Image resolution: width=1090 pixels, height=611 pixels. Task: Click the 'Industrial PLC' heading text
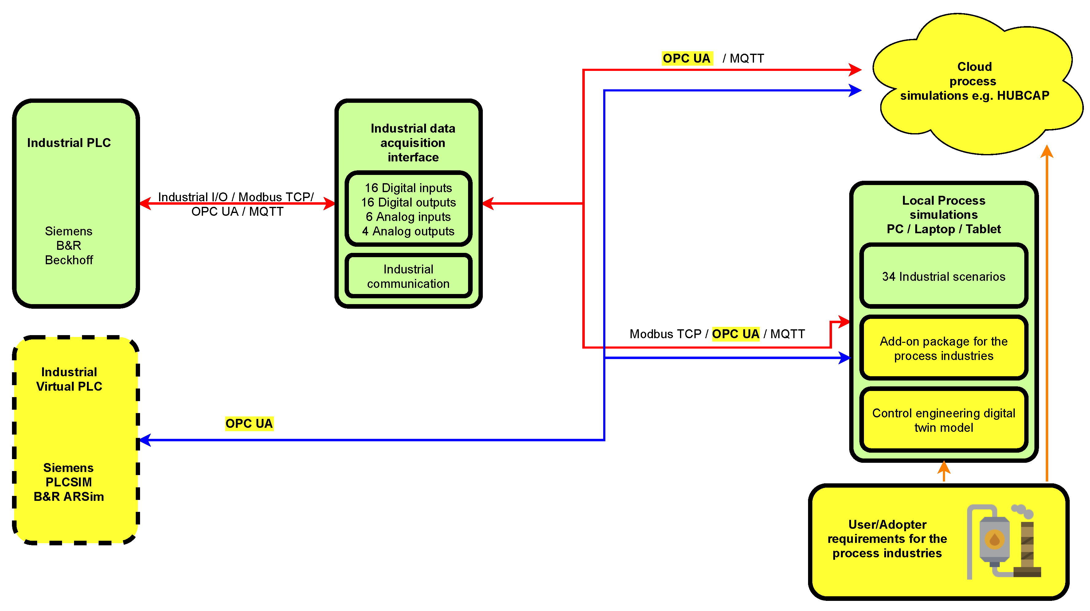pos(69,143)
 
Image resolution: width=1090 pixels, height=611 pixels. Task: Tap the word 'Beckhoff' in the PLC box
pos(69,260)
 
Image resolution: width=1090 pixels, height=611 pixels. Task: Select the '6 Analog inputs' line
pos(408,217)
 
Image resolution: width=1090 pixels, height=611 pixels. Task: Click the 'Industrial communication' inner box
pos(408,276)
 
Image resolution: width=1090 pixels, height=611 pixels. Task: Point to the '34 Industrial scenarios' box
pos(943,276)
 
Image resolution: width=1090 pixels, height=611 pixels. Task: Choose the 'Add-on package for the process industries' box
pos(943,348)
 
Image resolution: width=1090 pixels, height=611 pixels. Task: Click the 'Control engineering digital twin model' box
pos(943,420)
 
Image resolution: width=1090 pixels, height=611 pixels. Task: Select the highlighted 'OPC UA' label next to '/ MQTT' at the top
pos(686,58)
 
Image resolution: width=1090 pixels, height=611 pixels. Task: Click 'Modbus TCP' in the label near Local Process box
pos(665,334)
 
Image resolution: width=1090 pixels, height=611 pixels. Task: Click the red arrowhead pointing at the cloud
pos(856,70)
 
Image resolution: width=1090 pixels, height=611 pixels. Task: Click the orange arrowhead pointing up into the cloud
pos(1046,151)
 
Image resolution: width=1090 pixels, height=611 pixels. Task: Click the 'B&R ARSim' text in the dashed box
pos(69,497)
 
